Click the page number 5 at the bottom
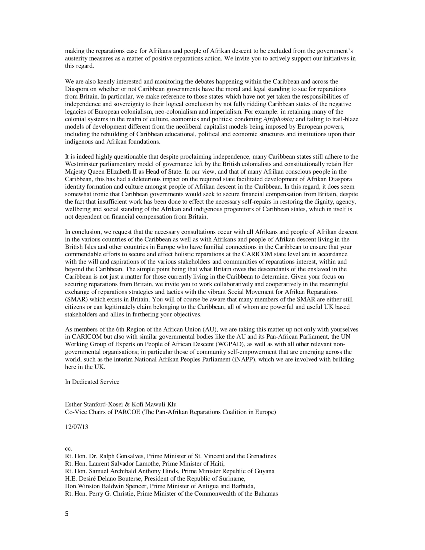point(67,514)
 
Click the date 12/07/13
point(76,427)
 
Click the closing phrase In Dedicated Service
point(92,382)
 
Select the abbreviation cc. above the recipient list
point(68,448)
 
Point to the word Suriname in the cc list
point(232,478)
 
